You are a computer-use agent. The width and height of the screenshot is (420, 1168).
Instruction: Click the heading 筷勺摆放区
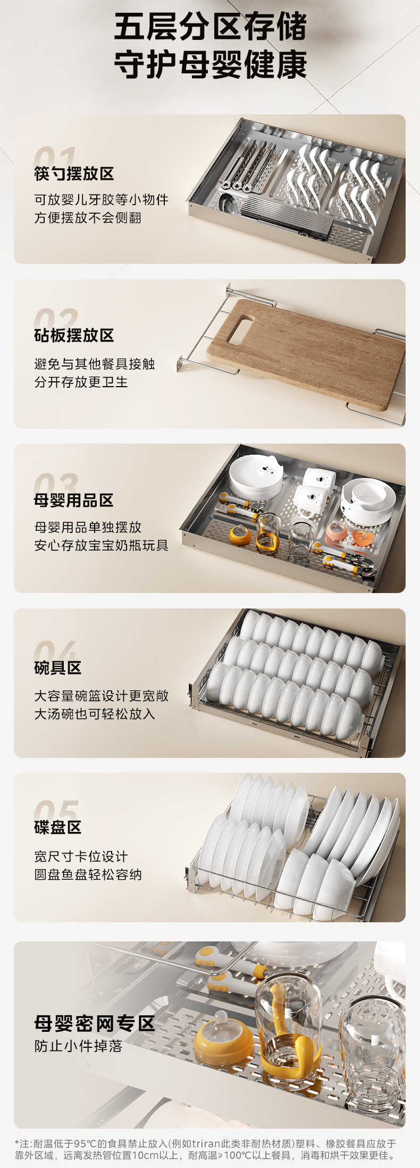74,173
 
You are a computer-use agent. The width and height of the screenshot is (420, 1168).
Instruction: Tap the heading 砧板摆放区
74,336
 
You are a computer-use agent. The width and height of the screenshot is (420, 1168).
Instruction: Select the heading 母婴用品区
74,500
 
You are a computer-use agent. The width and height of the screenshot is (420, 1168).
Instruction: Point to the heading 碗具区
58,668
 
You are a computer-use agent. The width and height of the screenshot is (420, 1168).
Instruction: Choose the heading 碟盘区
58,827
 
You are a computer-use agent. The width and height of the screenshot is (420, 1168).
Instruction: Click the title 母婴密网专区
95,1023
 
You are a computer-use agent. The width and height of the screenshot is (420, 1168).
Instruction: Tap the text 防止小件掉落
79,1046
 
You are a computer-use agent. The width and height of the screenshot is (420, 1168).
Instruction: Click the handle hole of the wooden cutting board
240,330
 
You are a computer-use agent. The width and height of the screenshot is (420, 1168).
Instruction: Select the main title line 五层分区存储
210,27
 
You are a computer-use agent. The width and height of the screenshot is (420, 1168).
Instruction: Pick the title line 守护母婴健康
210,65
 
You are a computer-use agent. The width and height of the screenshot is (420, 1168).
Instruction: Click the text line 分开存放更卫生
81,382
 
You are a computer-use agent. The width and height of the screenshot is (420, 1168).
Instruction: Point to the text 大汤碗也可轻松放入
95,714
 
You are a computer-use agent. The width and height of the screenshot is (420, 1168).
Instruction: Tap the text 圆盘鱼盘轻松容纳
88,874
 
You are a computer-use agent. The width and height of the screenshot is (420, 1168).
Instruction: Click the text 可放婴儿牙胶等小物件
101,200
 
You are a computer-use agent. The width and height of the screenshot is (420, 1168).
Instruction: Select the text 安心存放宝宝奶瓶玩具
101,545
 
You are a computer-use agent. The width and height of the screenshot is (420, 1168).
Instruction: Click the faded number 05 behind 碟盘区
56,810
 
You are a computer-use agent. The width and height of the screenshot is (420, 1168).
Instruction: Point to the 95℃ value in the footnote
85,1144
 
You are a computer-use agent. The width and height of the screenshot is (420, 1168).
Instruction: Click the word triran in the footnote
206,1144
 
